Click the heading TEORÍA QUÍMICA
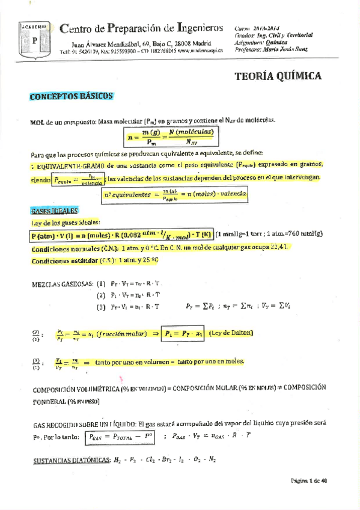[x=277, y=76]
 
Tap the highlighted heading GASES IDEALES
[x=54, y=211]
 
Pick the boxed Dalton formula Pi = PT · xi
[x=182, y=333]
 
